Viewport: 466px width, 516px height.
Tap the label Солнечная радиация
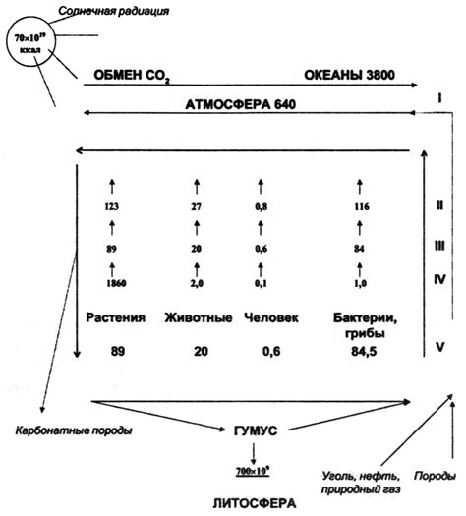click(114, 11)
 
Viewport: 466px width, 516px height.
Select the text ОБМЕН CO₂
click(132, 76)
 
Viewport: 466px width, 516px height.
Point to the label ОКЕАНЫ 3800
click(349, 75)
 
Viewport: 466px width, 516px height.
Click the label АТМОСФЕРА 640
click(241, 104)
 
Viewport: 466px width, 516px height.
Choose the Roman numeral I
click(439, 98)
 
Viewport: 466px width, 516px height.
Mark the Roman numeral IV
click(439, 280)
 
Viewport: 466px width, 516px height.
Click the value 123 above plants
click(111, 207)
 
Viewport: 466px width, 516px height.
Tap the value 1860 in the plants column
click(116, 283)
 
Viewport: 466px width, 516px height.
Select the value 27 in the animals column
click(197, 207)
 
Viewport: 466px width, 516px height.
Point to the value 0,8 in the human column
click(261, 207)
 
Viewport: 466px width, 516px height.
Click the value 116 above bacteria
click(362, 207)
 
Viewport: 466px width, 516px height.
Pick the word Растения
click(115, 317)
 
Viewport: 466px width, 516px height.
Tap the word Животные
click(199, 317)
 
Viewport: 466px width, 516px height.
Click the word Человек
click(271, 317)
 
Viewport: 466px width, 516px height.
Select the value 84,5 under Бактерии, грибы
click(364, 352)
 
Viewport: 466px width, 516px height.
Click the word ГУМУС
click(256, 430)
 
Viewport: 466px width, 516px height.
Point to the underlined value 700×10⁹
click(253, 471)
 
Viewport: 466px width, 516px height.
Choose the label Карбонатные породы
click(74, 430)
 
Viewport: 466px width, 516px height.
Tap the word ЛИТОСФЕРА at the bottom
click(255, 503)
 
